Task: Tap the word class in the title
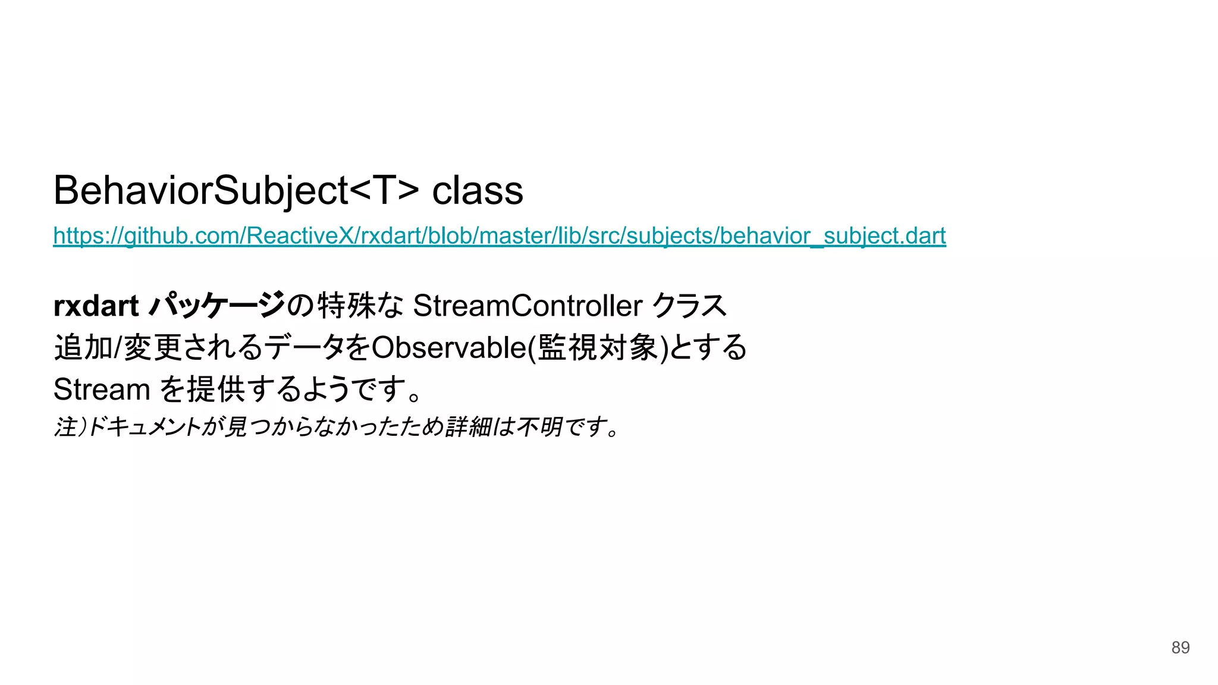(477, 191)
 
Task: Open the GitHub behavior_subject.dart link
(499, 236)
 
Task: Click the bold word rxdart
(96, 306)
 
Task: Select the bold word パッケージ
(216, 306)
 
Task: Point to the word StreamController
(527, 306)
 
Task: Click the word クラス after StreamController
(689, 306)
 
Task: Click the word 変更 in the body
(152, 348)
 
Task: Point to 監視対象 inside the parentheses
(597, 348)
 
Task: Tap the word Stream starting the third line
(101, 389)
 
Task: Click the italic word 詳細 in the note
(466, 427)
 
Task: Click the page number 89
(1180, 648)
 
